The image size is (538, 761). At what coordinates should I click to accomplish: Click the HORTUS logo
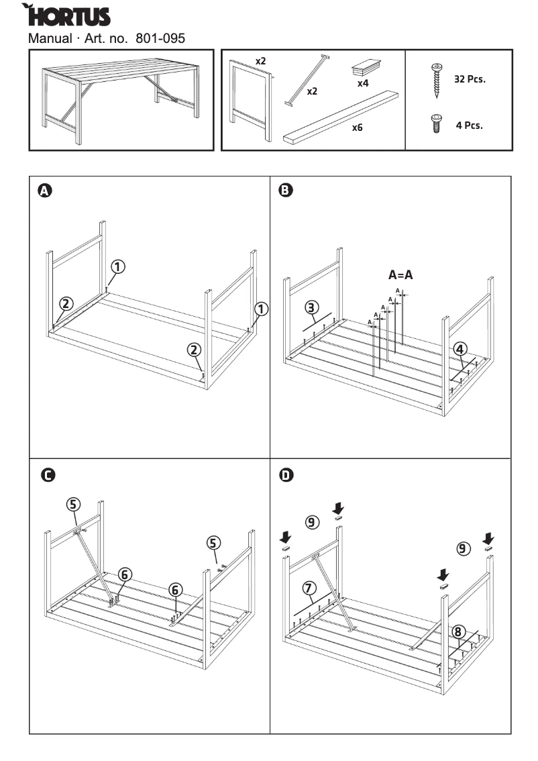(x=67, y=15)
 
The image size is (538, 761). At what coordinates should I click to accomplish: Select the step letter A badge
(x=44, y=191)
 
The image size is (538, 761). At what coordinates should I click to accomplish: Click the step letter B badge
(x=285, y=191)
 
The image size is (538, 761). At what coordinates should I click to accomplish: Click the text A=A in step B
(x=400, y=274)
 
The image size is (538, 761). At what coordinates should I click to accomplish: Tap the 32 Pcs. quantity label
(x=470, y=79)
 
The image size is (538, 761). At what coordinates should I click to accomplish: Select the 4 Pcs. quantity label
(x=470, y=125)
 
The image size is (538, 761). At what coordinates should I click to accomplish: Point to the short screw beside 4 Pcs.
(x=435, y=124)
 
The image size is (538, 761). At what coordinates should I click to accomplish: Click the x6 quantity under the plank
(x=357, y=126)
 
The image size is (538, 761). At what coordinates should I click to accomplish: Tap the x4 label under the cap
(x=363, y=84)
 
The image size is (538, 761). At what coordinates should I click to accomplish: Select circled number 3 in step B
(x=311, y=308)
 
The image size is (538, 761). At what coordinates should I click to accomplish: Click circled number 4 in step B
(x=460, y=348)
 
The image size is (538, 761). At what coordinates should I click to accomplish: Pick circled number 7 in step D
(x=309, y=589)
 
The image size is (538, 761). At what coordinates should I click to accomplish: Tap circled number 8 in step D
(x=458, y=631)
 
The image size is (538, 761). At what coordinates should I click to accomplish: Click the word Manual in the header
(x=50, y=38)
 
